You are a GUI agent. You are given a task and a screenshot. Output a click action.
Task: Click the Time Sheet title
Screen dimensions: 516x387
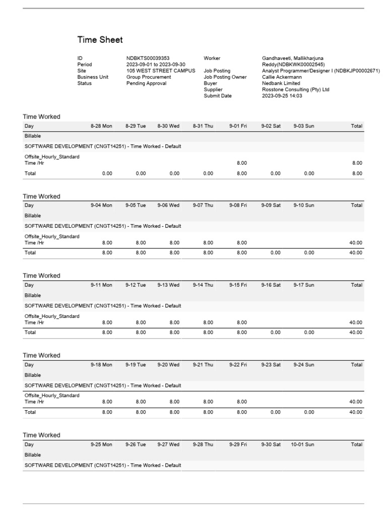pos(100,40)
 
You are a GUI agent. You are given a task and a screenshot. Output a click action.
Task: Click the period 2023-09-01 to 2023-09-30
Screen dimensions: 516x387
pos(156,64)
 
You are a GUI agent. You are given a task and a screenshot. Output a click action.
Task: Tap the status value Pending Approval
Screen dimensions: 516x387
pos(146,84)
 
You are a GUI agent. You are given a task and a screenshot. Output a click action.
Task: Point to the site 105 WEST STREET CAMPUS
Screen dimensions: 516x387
pos(160,71)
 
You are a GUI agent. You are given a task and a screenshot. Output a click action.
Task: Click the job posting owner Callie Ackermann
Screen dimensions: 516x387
pos(282,77)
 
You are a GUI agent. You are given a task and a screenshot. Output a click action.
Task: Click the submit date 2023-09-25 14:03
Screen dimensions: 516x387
pos(282,96)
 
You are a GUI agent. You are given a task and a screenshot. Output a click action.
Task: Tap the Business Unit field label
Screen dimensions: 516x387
pos(93,77)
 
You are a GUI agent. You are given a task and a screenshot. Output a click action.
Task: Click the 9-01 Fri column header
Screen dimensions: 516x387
pos(238,126)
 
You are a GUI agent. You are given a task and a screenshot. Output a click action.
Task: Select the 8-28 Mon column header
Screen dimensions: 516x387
pos(101,126)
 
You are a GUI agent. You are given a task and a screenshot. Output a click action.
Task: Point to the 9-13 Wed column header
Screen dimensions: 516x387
pos(168,285)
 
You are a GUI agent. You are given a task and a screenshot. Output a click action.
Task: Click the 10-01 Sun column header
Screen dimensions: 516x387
pos(302,444)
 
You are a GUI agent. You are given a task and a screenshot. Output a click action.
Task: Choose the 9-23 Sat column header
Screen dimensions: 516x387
pos(271,365)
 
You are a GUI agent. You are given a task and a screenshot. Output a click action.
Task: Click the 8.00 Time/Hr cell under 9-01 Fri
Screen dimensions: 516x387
pos(242,163)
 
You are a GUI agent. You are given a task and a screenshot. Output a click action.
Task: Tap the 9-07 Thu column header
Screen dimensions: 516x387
pos(203,206)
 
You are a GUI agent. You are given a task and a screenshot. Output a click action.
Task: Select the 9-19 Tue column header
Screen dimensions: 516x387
pos(136,365)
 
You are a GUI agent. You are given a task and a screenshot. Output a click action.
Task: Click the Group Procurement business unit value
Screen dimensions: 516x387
pos(148,77)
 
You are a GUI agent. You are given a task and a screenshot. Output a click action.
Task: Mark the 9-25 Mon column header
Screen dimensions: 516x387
pos(101,444)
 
